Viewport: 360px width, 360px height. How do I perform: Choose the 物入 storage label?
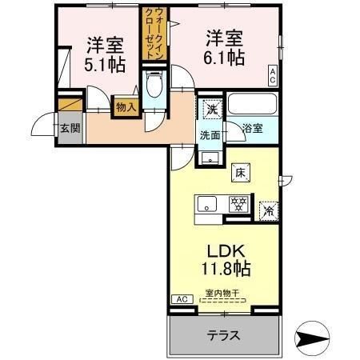[126, 106]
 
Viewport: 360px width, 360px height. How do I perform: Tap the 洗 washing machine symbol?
[211, 108]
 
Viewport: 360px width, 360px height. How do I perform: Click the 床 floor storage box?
[240, 170]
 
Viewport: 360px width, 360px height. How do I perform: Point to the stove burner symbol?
[237, 204]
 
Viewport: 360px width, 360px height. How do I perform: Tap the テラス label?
[224, 335]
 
